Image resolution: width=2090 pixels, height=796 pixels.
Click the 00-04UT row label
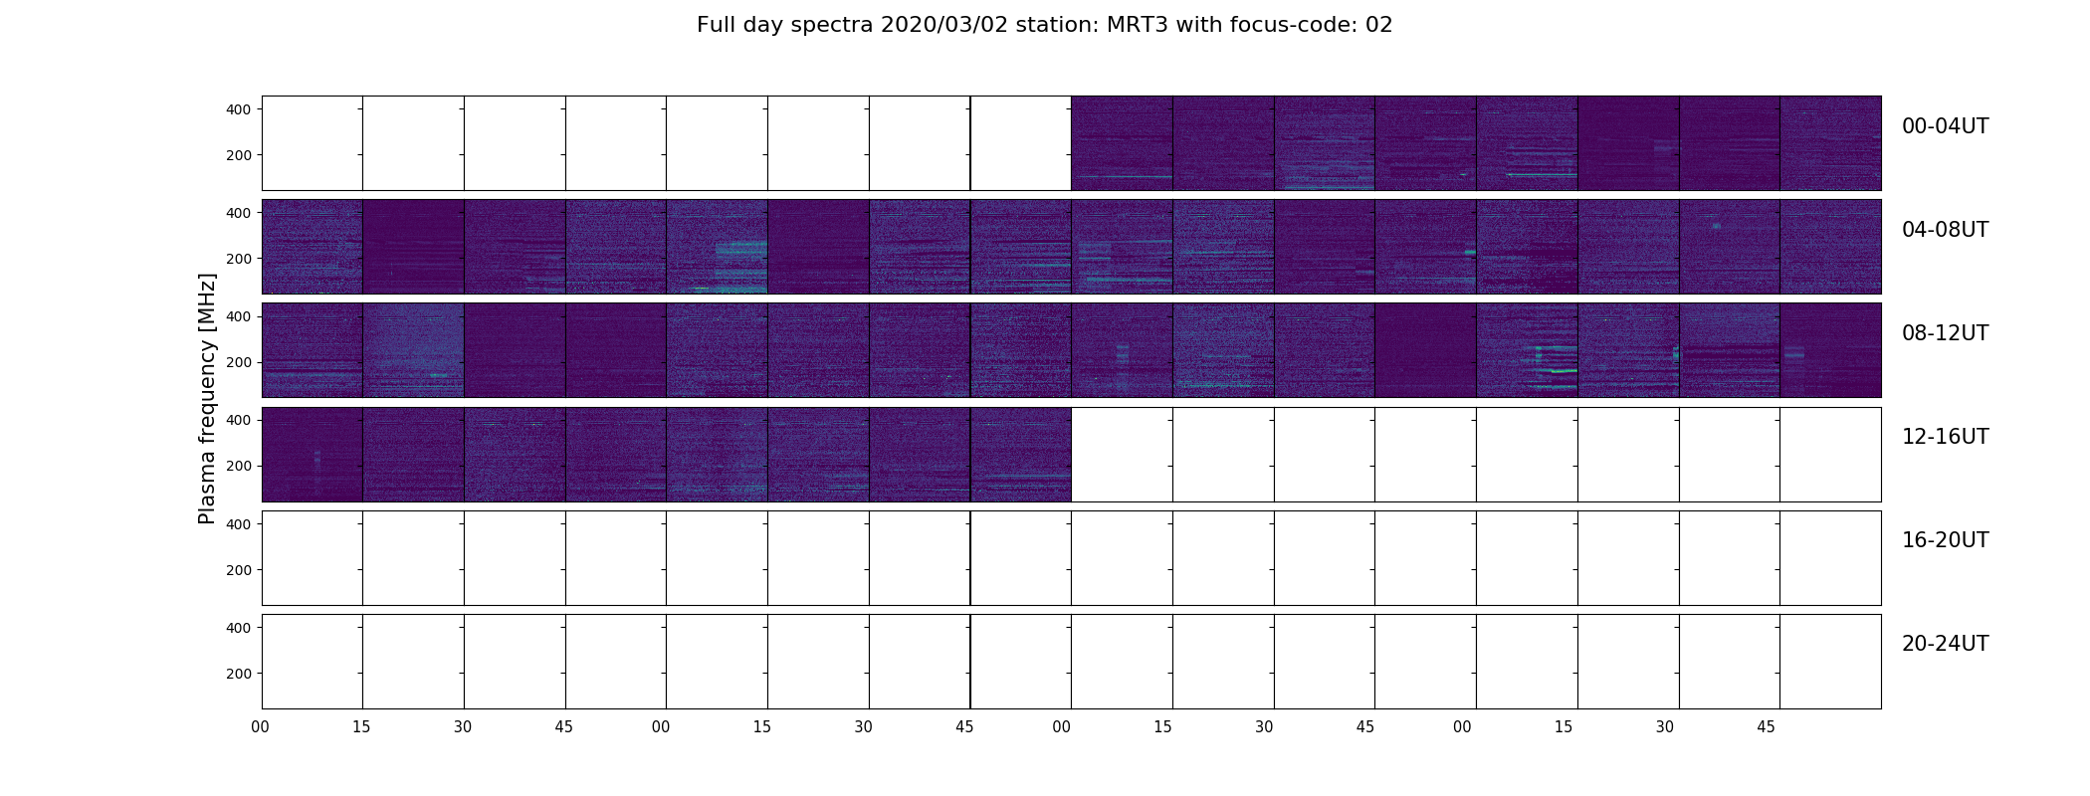point(1945,126)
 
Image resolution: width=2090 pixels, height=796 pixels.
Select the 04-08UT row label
point(1945,230)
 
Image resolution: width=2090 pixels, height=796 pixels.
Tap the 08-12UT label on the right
point(1945,333)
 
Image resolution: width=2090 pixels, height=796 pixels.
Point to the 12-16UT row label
point(1945,437)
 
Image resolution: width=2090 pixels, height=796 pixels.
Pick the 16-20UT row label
point(1945,540)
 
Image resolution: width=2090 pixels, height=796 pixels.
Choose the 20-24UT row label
point(1945,644)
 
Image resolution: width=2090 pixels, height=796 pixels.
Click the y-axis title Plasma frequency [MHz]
point(207,398)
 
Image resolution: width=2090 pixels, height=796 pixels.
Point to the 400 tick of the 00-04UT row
point(239,109)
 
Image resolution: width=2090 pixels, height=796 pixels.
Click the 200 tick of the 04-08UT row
point(239,259)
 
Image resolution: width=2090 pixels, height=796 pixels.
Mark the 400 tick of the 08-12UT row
point(239,316)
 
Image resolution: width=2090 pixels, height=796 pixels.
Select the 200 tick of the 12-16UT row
point(239,466)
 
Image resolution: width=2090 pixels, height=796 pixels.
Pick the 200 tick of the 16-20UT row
point(239,570)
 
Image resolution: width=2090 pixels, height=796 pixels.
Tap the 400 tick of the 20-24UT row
point(239,628)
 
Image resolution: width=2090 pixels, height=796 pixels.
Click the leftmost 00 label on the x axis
point(261,727)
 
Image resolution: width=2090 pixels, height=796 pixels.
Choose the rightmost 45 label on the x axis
point(1766,727)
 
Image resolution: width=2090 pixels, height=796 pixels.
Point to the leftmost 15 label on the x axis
point(361,727)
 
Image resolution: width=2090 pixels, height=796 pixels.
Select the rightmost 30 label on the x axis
point(1665,727)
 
